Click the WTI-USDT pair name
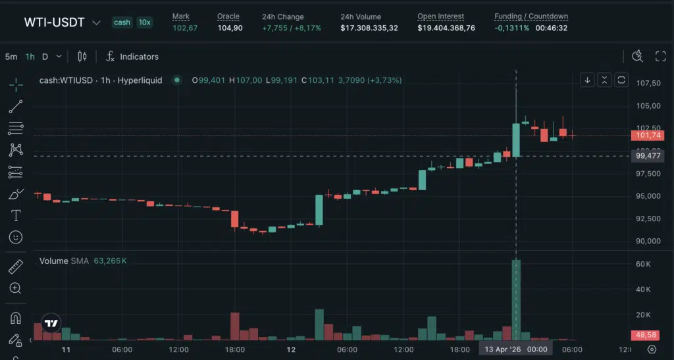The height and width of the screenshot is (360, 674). tap(55, 22)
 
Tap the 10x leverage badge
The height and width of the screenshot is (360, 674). tap(144, 22)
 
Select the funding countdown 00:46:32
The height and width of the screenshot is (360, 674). tap(552, 28)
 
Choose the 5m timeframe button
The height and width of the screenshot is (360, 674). tap(11, 57)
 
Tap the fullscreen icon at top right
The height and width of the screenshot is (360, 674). tap(660, 57)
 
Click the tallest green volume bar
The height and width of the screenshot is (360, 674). tap(516, 300)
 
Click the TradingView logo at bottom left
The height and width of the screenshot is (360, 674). tap(51, 322)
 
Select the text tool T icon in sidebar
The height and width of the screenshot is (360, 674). tap(16, 215)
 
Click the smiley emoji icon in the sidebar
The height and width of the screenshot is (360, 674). tap(16, 237)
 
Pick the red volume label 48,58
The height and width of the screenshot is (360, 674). tap(644, 335)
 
